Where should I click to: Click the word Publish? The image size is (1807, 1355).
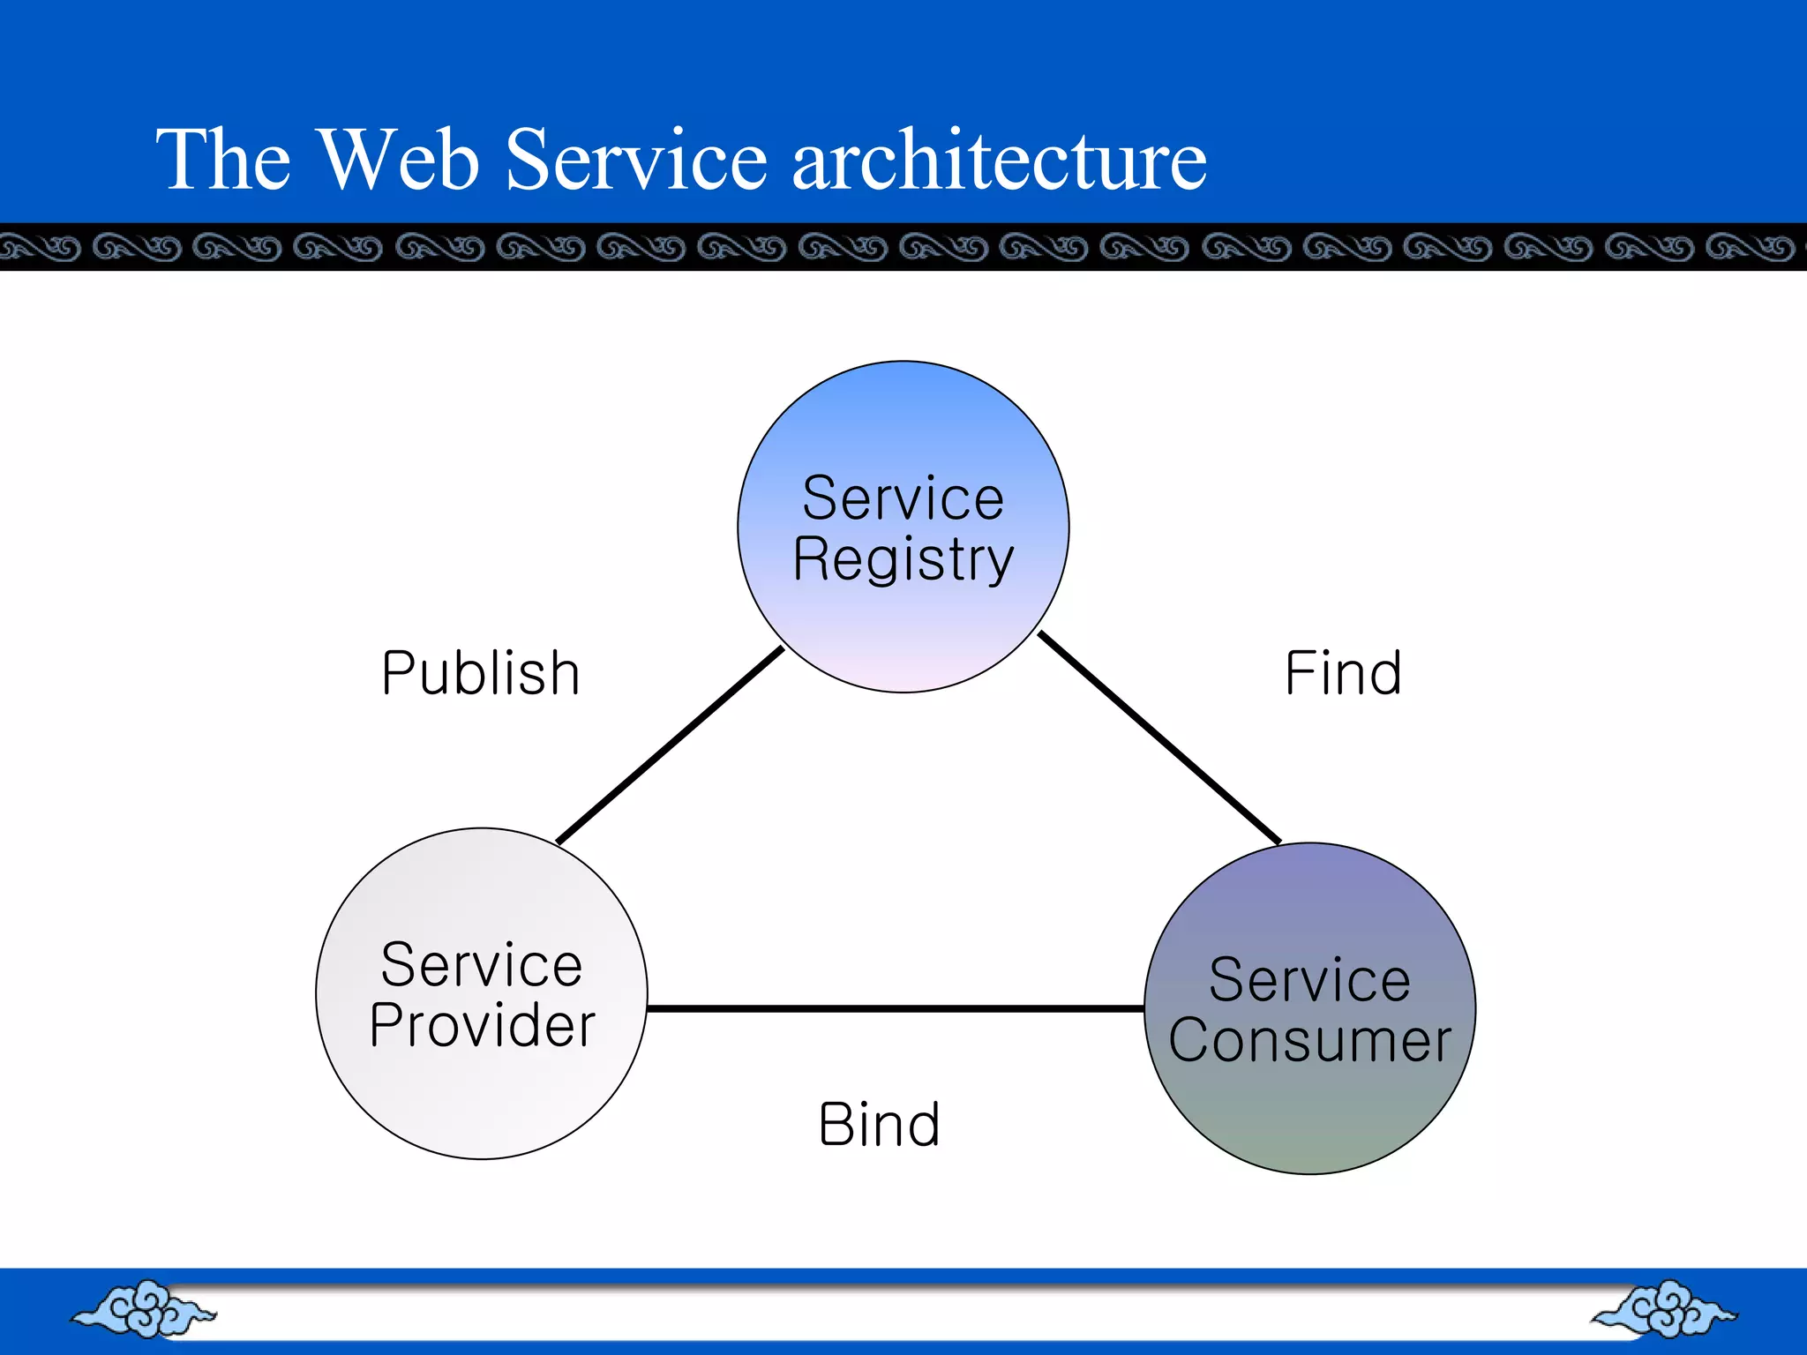(481, 674)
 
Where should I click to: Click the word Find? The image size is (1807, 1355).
(1342, 674)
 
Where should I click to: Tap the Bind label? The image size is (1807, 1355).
(879, 1125)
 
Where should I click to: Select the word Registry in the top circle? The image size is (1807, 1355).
(903, 559)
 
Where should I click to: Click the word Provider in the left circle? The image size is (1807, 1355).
(482, 1025)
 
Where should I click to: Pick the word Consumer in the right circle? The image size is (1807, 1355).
(1309, 1040)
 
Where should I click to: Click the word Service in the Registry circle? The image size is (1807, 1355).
(903, 498)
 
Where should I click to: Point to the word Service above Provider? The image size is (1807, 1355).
(482, 965)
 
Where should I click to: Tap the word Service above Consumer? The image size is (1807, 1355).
(1309, 980)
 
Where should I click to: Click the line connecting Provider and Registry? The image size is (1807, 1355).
(671, 745)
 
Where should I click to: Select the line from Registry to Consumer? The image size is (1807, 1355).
(1158, 737)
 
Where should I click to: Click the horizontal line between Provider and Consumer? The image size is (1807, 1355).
(896, 1008)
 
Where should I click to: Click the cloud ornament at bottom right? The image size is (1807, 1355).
(1664, 1309)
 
